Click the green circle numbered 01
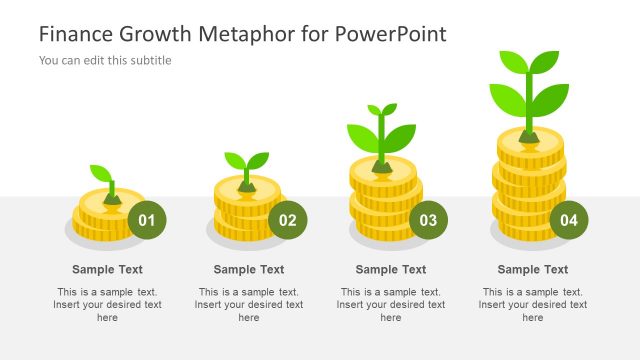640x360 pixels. point(146,220)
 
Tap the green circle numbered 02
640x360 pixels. point(288,220)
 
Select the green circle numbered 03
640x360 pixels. point(429,220)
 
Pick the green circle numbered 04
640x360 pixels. point(569,220)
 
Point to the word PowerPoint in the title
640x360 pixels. point(390,33)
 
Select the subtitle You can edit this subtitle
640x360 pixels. point(105,60)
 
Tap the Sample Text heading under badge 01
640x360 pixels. point(107,269)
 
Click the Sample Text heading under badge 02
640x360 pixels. point(249,269)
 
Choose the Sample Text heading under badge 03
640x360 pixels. point(391,269)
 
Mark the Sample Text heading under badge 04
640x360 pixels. point(533,269)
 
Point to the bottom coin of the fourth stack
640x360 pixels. point(528,231)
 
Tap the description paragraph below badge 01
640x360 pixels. point(107,304)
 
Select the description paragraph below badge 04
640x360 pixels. point(533,304)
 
